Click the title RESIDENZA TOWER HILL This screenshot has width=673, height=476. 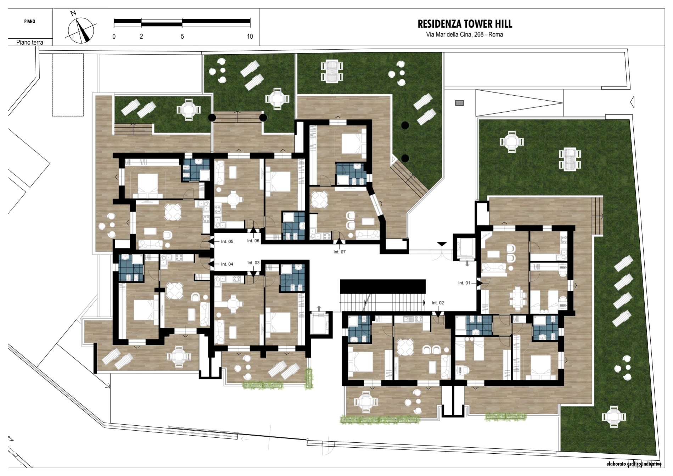[465, 24]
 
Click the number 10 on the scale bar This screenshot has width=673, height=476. [250, 37]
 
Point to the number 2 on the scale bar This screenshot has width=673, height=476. [141, 37]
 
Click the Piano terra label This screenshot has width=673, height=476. [30, 43]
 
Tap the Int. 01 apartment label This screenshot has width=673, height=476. [464, 283]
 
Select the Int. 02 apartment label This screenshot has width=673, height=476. [438, 303]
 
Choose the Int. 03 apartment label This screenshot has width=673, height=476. [253, 263]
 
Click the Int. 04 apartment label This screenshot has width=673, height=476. [227, 264]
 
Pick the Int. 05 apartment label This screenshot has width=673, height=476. [227, 241]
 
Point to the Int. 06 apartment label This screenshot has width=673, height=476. [253, 241]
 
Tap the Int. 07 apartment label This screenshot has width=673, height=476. [340, 252]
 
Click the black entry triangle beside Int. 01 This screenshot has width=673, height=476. [479, 283]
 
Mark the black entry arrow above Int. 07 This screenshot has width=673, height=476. [339, 241]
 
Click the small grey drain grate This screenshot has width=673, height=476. [459, 103]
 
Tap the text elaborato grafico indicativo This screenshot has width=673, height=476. [634, 464]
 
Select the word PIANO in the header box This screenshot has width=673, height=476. [30, 21]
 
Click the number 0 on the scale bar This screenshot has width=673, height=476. [114, 37]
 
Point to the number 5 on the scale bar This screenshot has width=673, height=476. [182, 37]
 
